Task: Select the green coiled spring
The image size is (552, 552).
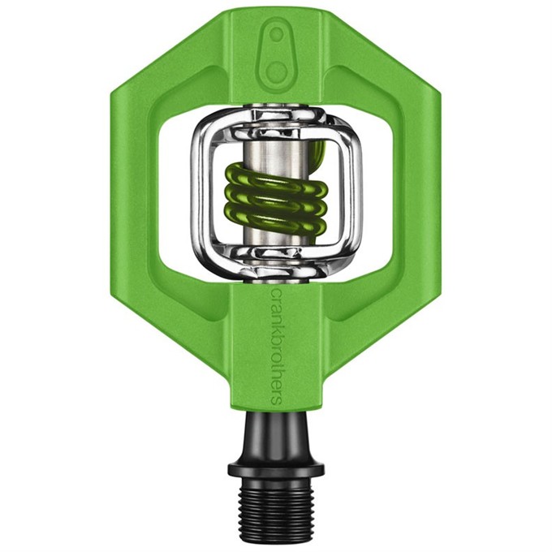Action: [x=275, y=198]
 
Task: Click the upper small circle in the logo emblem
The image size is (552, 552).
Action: [x=278, y=34]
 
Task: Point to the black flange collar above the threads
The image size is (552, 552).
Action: [x=276, y=467]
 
